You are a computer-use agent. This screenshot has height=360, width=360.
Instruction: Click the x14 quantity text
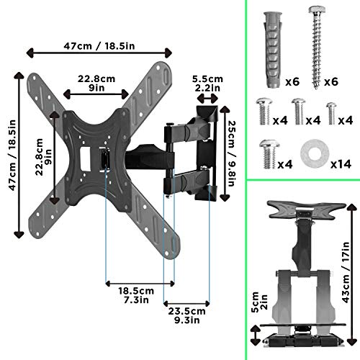click(x=340, y=163)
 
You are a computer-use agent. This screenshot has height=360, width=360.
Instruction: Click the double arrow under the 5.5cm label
click(x=209, y=99)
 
